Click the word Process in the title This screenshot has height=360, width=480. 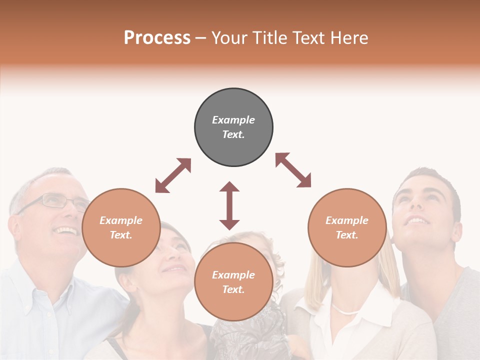157,37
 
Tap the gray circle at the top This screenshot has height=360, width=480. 233,127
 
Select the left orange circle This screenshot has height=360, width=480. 121,227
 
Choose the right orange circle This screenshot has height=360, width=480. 347,227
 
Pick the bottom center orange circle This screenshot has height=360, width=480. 233,281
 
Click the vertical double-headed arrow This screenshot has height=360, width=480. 229,205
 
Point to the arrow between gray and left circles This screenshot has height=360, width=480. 173,175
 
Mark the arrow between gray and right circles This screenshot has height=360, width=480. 293,170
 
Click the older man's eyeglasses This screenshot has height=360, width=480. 55,201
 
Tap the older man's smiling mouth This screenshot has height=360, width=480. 66,231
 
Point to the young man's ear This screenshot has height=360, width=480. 456,232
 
